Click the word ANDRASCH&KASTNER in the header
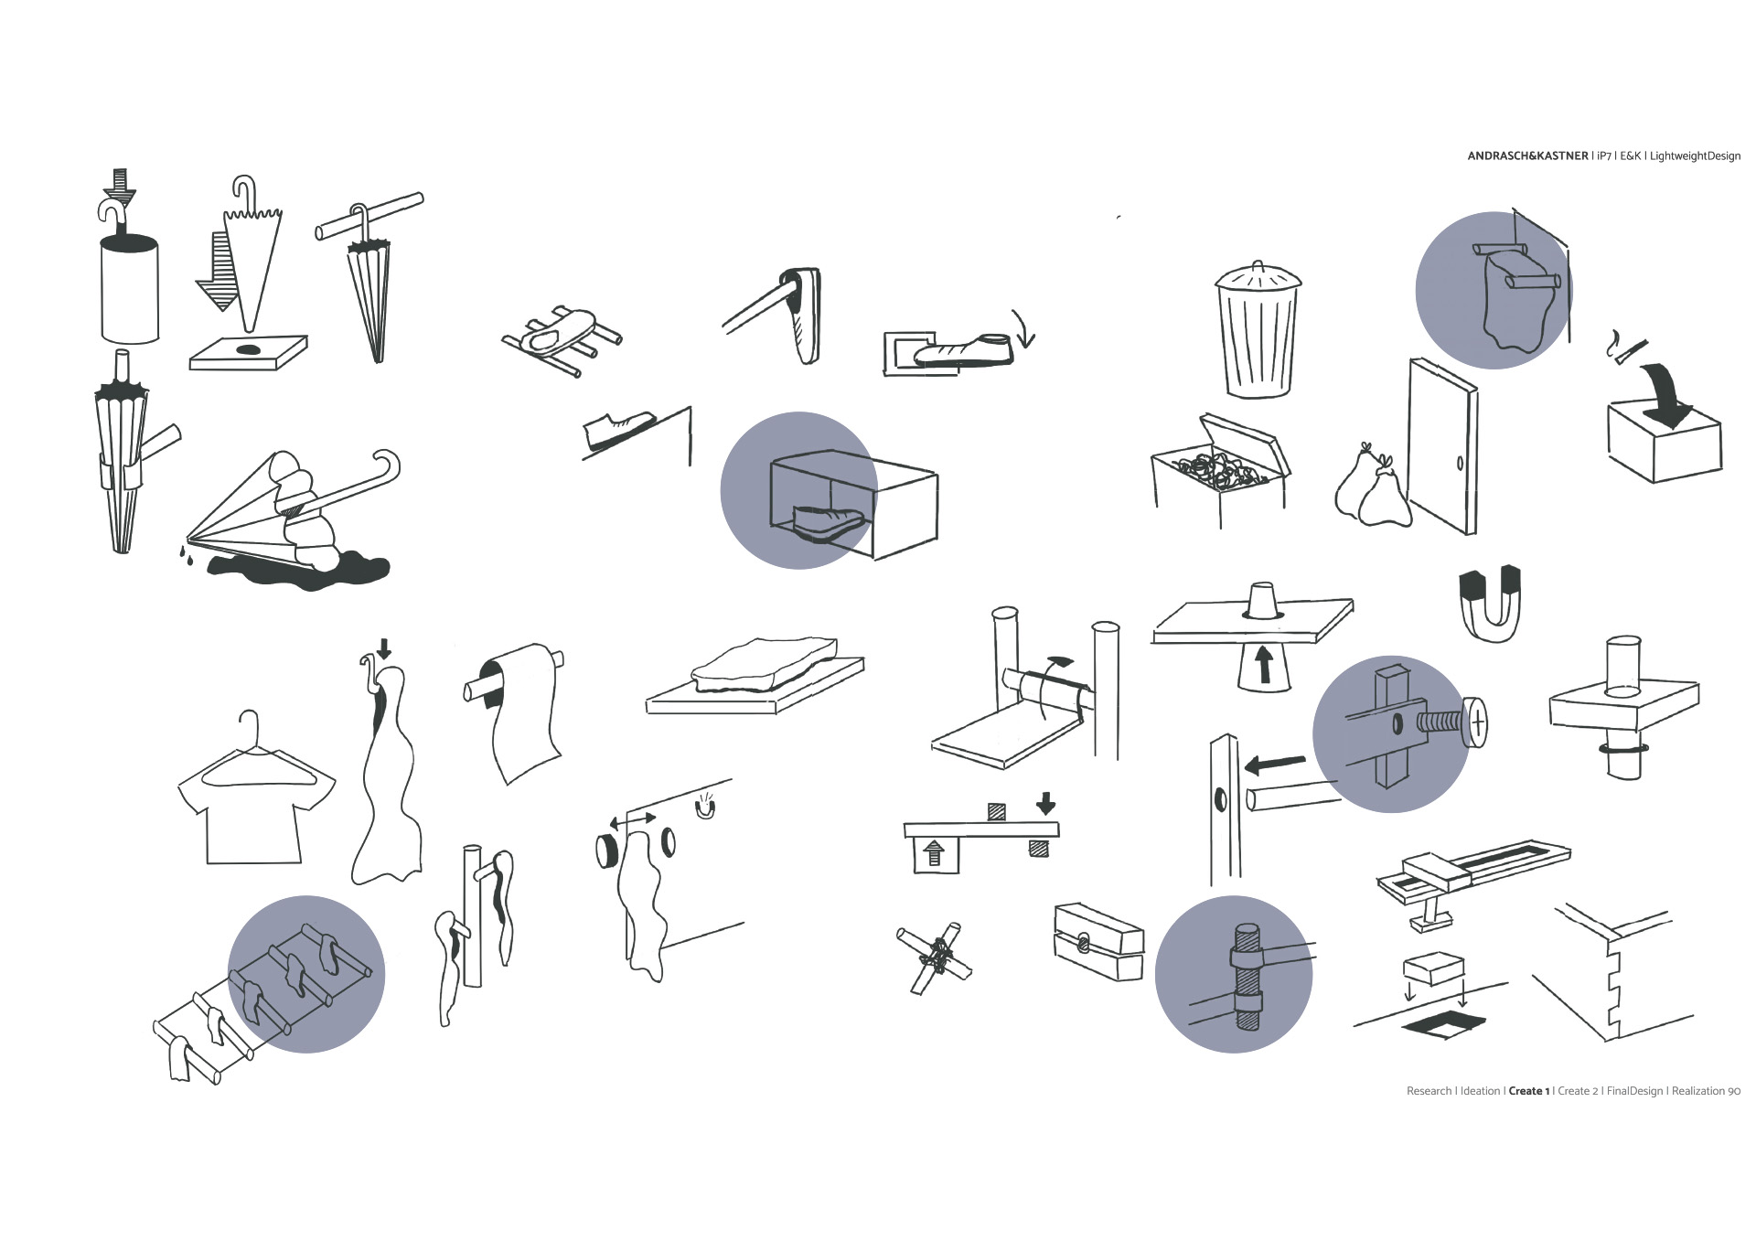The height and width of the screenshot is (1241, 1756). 1527,156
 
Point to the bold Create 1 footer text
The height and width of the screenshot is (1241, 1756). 1528,1091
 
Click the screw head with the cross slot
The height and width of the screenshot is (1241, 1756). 1476,723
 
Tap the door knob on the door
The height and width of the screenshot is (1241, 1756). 1460,463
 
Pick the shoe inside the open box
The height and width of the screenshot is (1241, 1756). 828,522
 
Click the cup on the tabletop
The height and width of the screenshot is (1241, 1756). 1262,599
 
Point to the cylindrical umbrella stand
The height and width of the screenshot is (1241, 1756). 129,288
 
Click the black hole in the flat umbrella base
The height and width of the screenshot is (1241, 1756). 249,349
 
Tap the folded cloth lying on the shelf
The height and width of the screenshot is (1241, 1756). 764,666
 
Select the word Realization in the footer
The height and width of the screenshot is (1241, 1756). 1698,1091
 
